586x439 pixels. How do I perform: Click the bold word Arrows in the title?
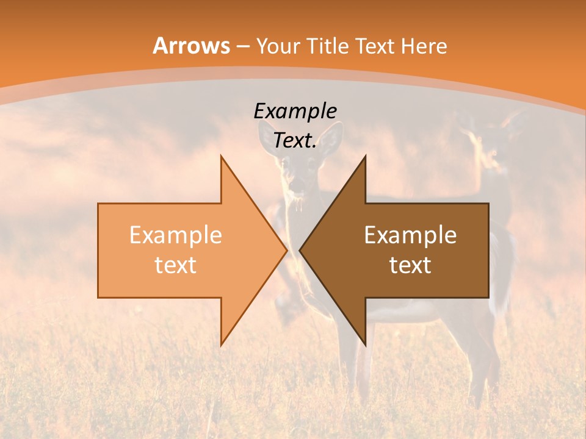pos(191,46)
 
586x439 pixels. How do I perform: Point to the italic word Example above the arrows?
pos(295,111)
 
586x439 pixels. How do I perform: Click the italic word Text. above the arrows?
pos(295,140)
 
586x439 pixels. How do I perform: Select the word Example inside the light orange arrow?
pos(175,235)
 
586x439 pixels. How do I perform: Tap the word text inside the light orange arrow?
pos(175,265)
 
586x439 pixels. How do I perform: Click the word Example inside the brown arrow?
pos(410,235)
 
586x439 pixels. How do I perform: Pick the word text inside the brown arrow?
pos(410,265)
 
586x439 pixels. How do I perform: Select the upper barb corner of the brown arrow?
pos(365,157)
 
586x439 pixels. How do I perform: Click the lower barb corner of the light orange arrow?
pos(221,344)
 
